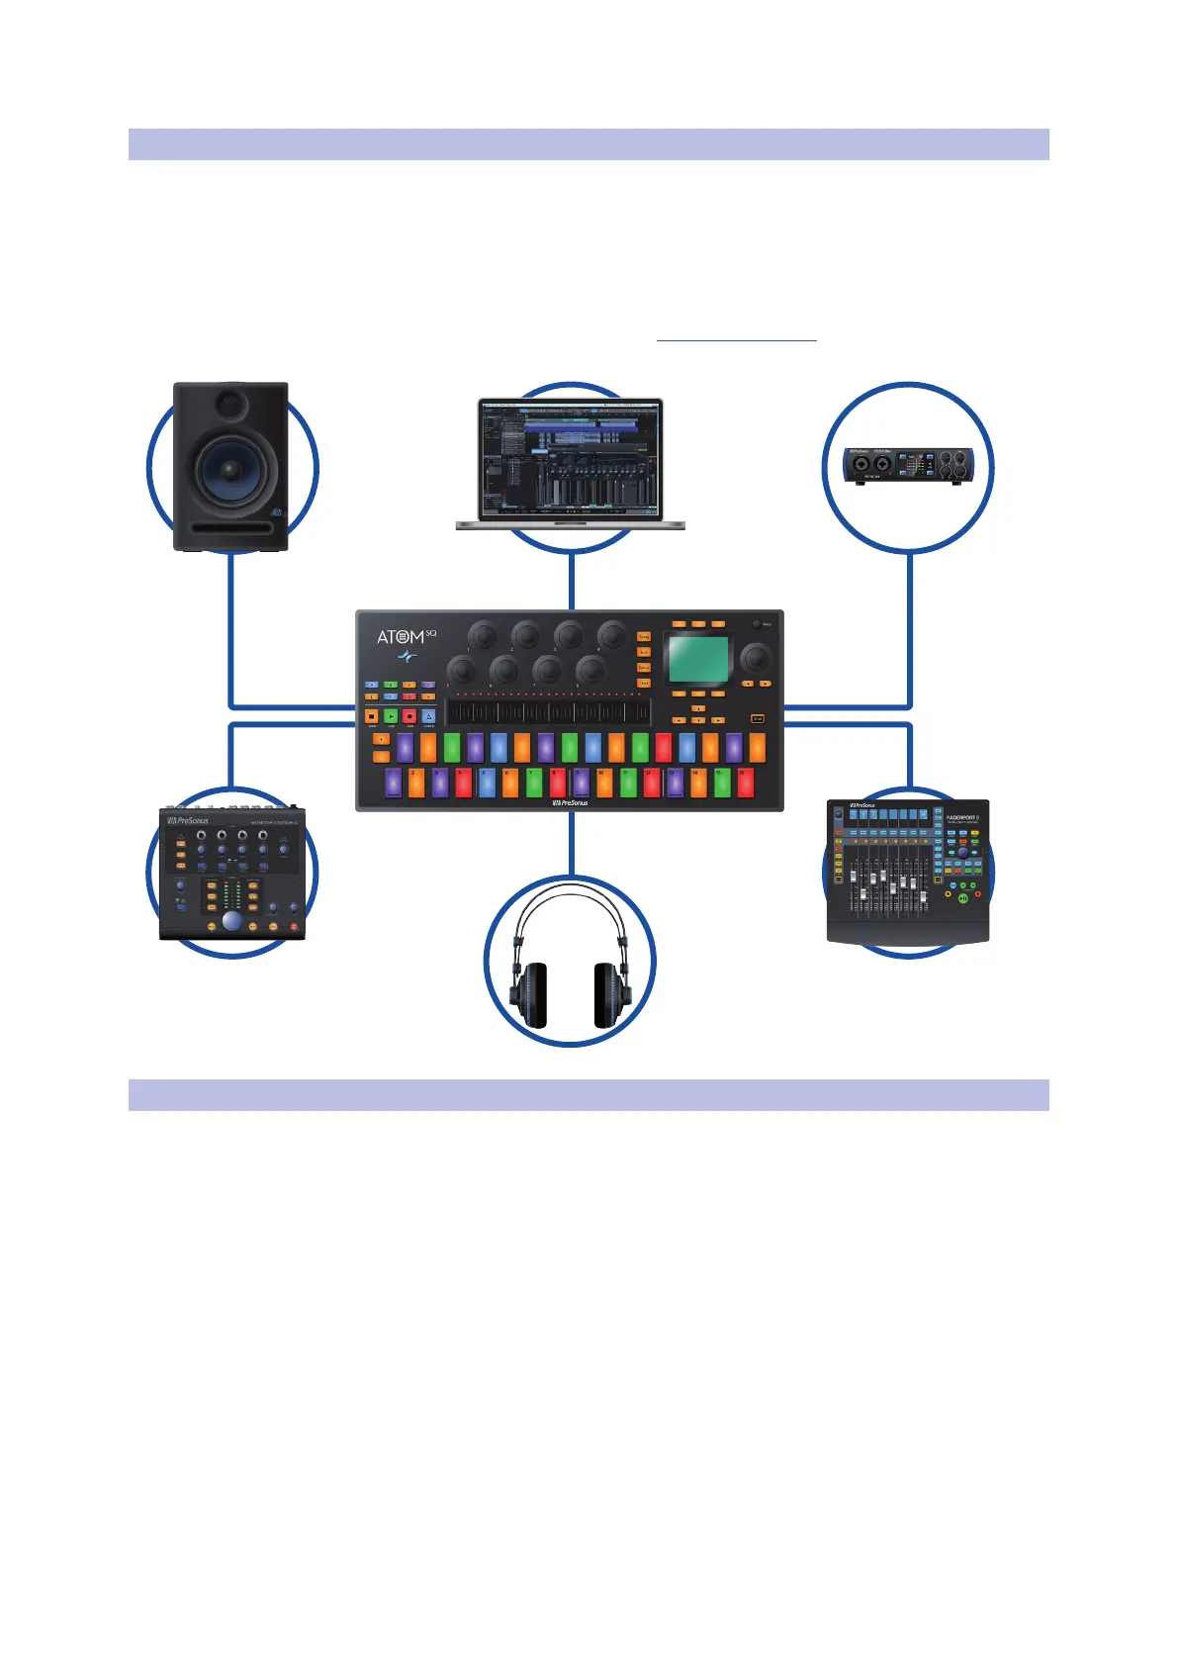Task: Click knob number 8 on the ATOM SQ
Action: tap(589, 670)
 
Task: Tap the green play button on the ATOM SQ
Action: tap(391, 716)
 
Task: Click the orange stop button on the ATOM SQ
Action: tap(372, 716)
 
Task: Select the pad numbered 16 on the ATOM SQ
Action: tap(745, 783)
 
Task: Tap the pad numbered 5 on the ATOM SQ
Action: tap(487, 783)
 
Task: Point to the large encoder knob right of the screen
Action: tap(757, 657)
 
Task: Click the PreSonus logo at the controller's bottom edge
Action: tap(570, 803)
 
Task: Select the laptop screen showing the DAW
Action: tap(570, 458)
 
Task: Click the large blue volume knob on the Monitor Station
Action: tap(231, 921)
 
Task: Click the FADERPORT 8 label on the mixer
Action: tap(961, 818)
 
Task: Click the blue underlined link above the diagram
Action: tap(737, 336)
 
